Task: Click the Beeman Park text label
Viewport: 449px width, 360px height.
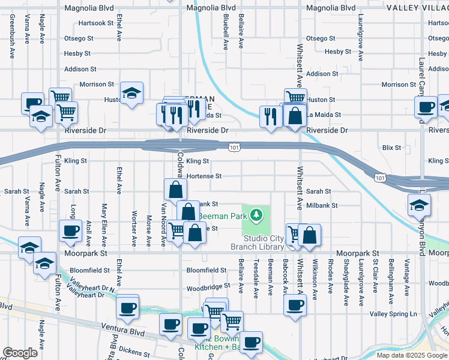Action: coord(224,215)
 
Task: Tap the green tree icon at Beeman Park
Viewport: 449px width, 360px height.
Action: coord(256,214)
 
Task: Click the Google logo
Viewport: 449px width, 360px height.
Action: coord(20,353)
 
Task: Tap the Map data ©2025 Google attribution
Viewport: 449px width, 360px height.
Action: coord(412,355)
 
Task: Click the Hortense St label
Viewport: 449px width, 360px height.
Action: coord(204,176)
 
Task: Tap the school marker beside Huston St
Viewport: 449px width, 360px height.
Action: coord(131,93)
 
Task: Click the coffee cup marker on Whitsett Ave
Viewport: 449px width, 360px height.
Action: coord(295,305)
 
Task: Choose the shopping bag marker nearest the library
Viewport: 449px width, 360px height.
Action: coord(309,235)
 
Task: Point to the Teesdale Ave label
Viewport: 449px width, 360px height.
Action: coord(256,279)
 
